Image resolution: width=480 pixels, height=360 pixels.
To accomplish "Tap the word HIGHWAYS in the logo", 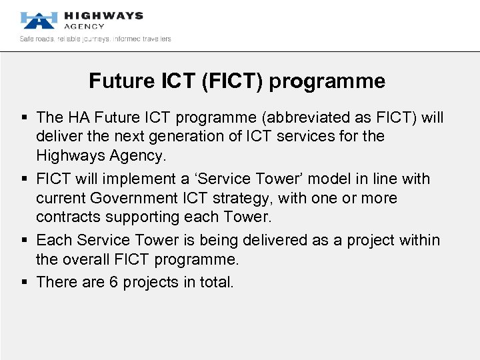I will (103, 15).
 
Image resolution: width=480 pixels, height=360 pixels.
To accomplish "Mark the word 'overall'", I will (86, 259).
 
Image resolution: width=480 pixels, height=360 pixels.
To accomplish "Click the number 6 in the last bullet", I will (114, 282).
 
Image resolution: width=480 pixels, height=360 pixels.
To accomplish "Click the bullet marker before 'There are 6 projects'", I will (25, 283).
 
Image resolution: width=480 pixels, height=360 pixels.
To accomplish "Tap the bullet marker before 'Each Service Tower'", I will (25, 241).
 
